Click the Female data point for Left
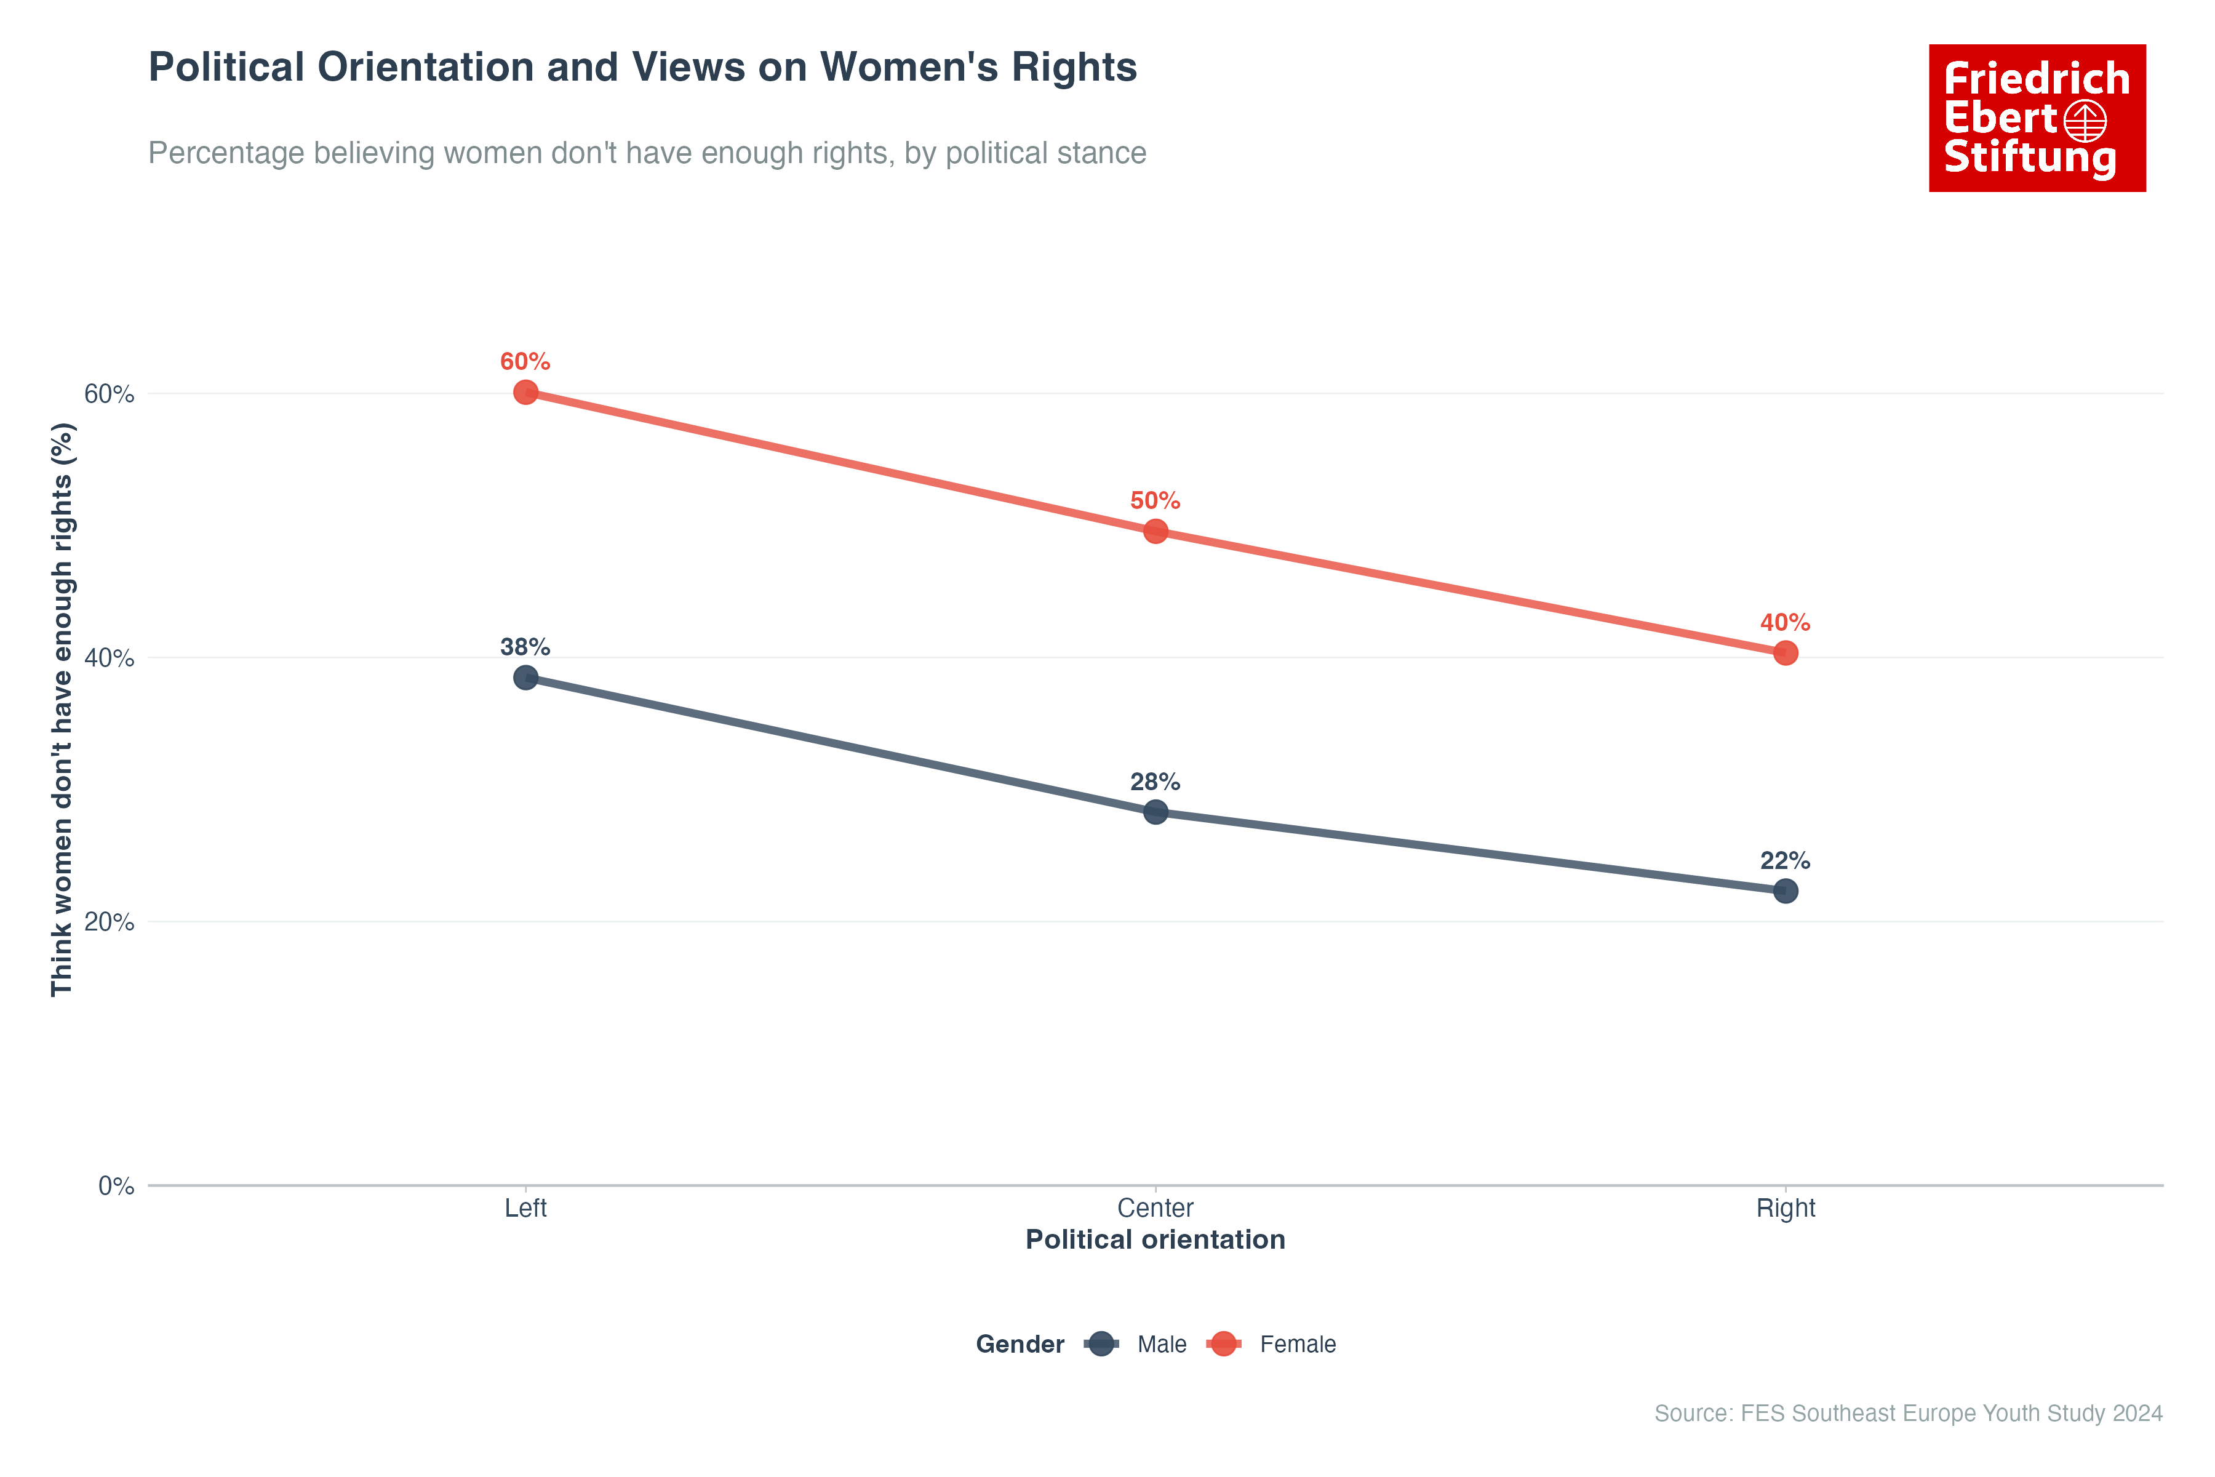pyautogui.click(x=525, y=392)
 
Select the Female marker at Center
pyautogui.click(x=1155, y=531)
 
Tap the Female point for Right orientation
pyautogui.click(x=1785, y=653)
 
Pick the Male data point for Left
pyautogui.click(x=525, y=678)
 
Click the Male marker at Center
pyautogui.click(x=1155, y=812)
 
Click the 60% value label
pyautogui.click(x=525, y=362)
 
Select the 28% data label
pyautogui.click(x=1155, y=782)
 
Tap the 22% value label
pyautogui.click(x=1785, y=861)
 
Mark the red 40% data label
pyautogui.click(x=1785, y=623)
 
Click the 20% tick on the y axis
pyautogui.click(x=110, y=922)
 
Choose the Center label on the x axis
pyautogui.click(x=1155, y=1209)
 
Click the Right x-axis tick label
pyautogui.click(x=1785, y=1209)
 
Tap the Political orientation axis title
pyautogui.click(x=1155, y=1239)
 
